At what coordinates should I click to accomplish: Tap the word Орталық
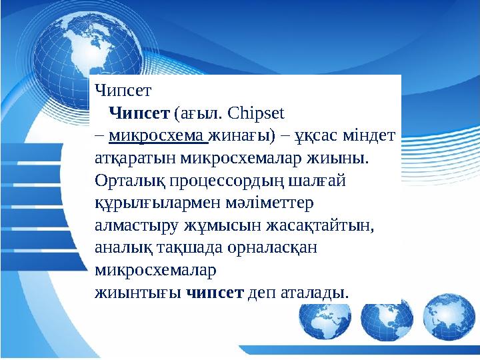[123, 180]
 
